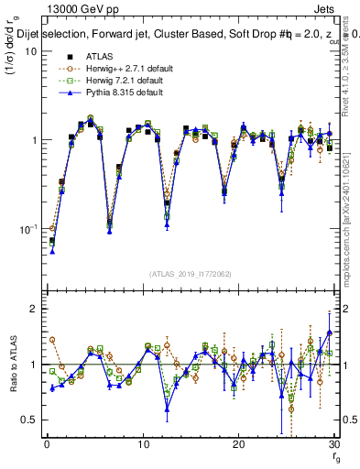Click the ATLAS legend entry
pyautogui.click(x=87, y=56)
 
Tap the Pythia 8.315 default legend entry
pyautogui.click(x=108, y=93)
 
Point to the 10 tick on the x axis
pyautogui.click(x=142, y=446)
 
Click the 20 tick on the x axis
pyautogui.click(x=238, y=446)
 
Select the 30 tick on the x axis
pyautogui.click(x=333, y=446)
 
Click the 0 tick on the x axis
pyautogui.click(x=47, y=446)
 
